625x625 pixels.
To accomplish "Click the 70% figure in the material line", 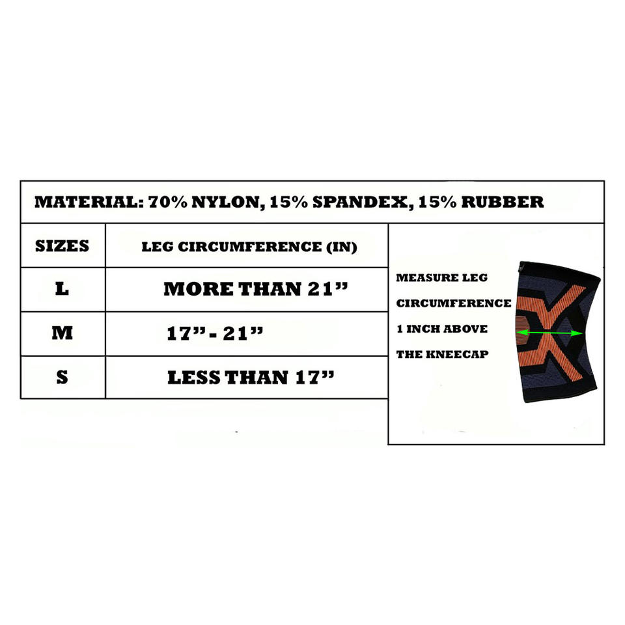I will (166, 202).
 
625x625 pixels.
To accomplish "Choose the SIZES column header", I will (62, 246).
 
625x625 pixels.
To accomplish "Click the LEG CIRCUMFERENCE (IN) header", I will (249, 247).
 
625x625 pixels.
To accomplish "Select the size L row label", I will (62, 288).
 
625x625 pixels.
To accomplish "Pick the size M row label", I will (62, 333).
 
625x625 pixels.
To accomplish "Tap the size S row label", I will (62, 377).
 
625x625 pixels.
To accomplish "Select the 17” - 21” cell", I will (215, 333).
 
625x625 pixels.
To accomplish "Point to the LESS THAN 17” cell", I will (251, 378).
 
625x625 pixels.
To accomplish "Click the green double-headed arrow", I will (549, 333).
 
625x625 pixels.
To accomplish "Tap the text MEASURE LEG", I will (441, 278).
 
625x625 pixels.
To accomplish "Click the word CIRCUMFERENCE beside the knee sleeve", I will (454, 303).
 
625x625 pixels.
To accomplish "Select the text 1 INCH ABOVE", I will (442, 329).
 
